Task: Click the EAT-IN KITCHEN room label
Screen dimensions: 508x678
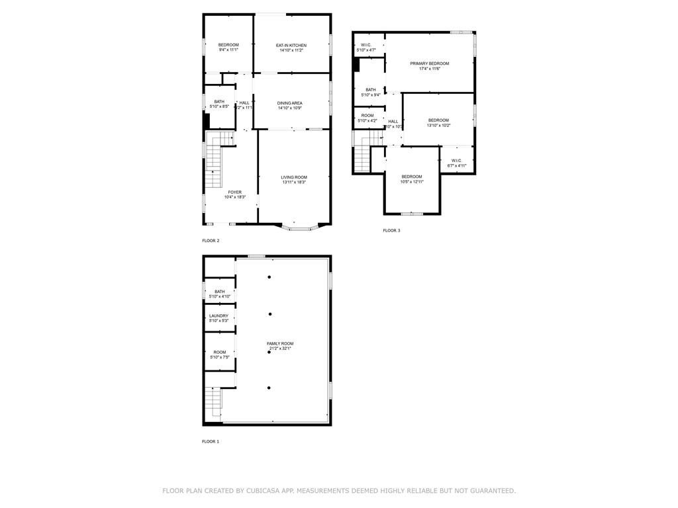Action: (291, 45)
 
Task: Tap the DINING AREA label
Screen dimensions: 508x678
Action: (290, 103)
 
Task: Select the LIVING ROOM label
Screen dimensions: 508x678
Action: (294, 177)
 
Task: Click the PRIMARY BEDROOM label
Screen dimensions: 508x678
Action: (429, 63)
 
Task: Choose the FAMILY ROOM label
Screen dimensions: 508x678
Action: (280, 343)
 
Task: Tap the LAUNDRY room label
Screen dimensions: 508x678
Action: (218, 316)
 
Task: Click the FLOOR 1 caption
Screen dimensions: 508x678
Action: (211, 441)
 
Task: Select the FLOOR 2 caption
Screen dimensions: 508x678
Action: (211, 241)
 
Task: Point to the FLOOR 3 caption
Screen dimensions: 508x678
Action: (391, 231)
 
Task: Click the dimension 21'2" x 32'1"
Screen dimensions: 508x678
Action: (280, 349)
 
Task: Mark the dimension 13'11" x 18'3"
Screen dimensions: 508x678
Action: (294, 183)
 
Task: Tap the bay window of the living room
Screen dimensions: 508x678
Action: (300, 228)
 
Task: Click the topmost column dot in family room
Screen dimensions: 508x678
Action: (269, 277)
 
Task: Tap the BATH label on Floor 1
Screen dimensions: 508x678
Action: (219, 292)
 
